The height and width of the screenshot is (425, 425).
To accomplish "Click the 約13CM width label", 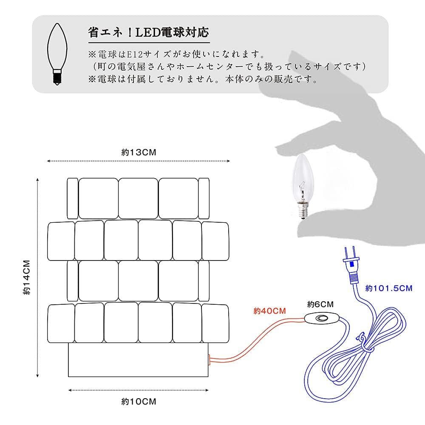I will [139, 153].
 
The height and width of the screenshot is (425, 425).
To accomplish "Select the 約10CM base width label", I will [139, 401].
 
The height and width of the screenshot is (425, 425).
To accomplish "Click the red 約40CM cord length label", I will [269, 311].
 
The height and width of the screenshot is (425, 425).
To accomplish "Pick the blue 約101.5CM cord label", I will [389, 288].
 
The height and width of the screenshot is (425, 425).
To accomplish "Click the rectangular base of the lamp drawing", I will [139, 360].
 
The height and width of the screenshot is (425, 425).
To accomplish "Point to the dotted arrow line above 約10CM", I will [139, 390].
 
